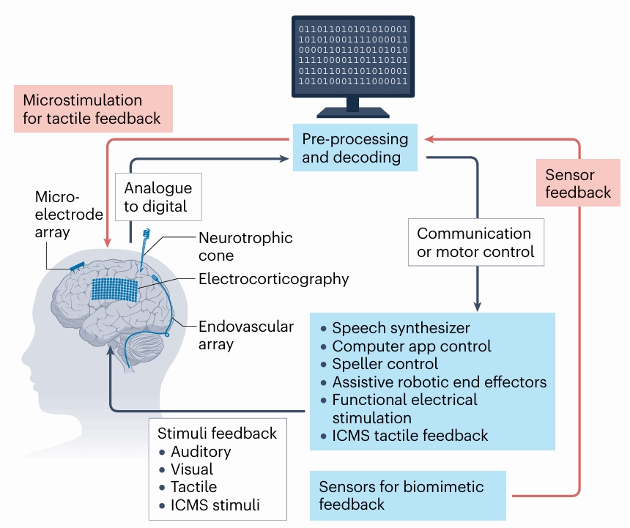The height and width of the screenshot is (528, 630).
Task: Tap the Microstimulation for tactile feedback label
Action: point(92,108)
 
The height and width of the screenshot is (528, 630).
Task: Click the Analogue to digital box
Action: point(157,197)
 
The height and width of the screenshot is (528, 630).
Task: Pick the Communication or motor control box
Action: point(475,243)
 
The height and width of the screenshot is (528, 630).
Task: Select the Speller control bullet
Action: point(385,363)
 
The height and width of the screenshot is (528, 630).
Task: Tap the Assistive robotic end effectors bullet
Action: point(439,382)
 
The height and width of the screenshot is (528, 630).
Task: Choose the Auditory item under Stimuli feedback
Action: point(200,452)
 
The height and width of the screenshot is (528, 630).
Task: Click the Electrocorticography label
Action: point(273,279)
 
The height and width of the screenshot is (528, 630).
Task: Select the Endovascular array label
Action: point(245,335)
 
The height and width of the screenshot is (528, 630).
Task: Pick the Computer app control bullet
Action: point(411,346)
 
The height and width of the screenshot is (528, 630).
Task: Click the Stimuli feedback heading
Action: point(218,434)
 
